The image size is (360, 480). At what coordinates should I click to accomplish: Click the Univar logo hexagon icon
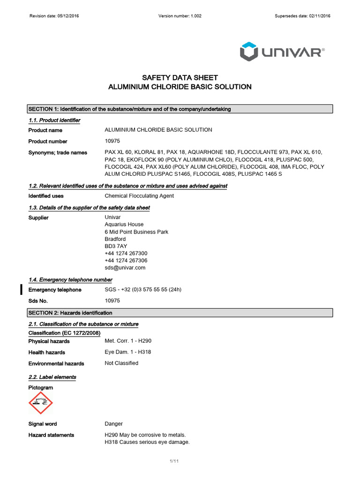tap(248, 51)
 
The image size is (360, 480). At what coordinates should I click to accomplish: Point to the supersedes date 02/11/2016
tap(302, 16)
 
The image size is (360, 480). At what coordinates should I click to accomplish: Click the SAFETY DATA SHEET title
tap(180, 78)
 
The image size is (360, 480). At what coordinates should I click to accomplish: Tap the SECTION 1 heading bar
tap(180, 109)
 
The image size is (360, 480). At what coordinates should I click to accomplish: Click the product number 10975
tap(112, 141)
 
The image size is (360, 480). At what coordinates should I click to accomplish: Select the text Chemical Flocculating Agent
tap(139, 196)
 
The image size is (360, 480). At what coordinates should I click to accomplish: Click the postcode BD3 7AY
tap(116, 246)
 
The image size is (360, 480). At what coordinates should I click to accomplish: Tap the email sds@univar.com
tap(125, 268)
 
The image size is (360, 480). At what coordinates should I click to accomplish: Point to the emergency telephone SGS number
tap(143, 290)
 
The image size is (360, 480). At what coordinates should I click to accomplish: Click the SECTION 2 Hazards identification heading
tap(180, 313)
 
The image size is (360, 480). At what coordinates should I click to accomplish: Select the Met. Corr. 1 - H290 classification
tap(127, 341)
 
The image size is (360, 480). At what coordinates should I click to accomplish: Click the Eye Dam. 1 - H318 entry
tap(128, 352)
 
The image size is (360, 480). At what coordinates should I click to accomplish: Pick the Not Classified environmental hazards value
tap(121, 363)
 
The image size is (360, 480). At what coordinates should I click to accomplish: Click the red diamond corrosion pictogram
tap(41, 403)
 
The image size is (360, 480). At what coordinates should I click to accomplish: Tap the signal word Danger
tap(113, 424)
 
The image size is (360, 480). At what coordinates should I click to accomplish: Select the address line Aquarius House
tap(124, 225)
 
